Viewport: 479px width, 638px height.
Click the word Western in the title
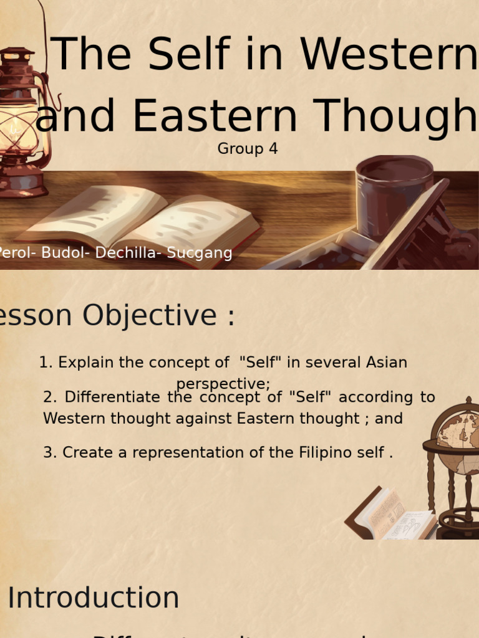[x=389, y=55]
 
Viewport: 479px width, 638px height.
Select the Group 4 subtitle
[x=248, y=149]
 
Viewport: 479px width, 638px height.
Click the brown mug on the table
[x=394, y=193]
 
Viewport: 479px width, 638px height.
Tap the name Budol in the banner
[x=62, y=253]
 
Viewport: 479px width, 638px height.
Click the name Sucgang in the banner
[x=198, y=253]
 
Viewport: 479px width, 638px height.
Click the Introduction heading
[x=94, y=598]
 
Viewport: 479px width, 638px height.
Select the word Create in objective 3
[x=82, y=453]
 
